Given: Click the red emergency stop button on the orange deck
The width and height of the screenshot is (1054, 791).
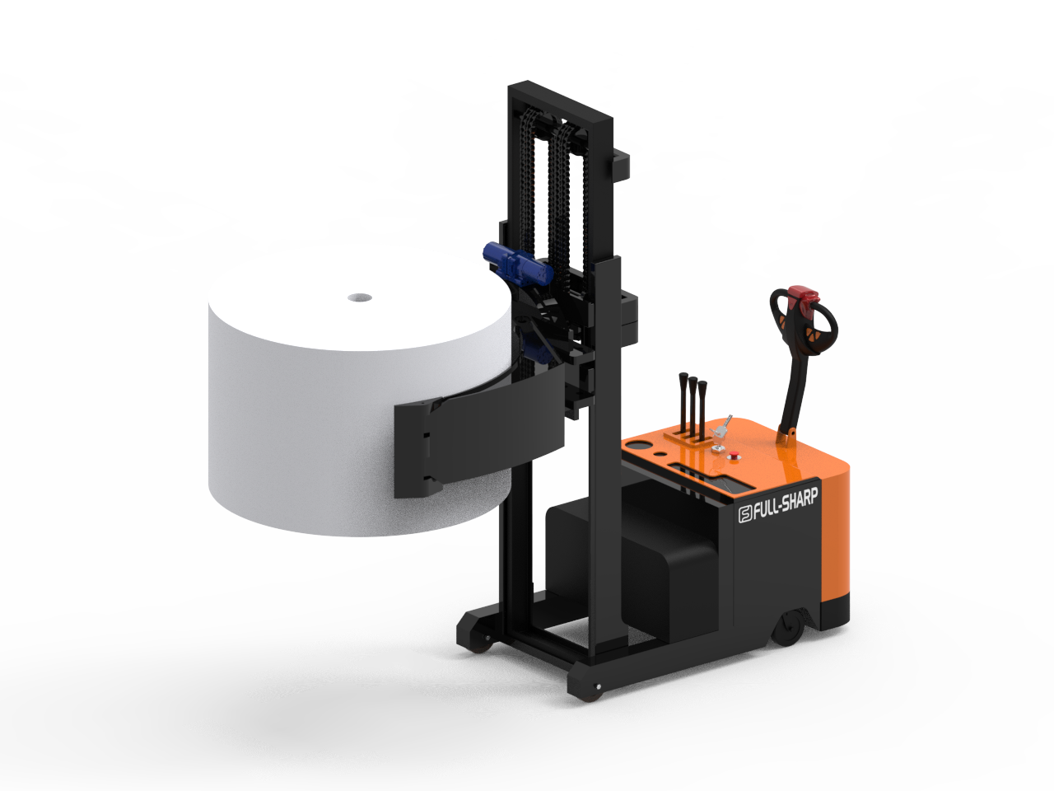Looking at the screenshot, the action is coord(733,456).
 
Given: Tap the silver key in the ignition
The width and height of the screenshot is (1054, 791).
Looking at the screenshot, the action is coord(721,427).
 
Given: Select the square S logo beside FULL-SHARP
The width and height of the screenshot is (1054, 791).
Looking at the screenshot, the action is coord(745,515).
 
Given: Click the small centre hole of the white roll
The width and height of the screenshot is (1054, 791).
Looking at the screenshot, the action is coord(360,297).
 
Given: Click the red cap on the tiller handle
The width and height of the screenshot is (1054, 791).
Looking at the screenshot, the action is coord(803,294).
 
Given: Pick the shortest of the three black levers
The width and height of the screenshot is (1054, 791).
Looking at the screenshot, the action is coord(702,410).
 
